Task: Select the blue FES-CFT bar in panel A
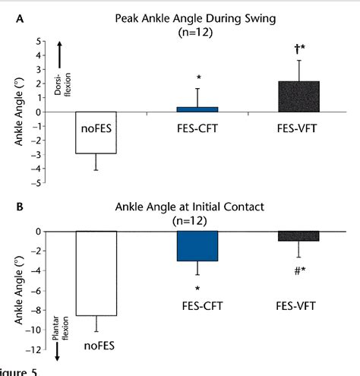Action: click(197, 109)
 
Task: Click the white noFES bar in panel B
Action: click(97, 273)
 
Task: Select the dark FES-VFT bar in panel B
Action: click(298, 236)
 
